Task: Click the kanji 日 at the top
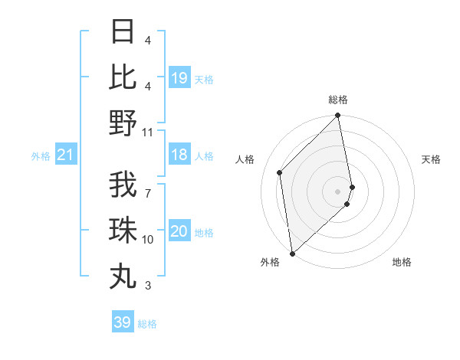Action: (x=123, y=32)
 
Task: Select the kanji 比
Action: (x=123, y=77)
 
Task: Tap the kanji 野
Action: (x=123, y=123)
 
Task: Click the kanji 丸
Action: (x=123, y=276)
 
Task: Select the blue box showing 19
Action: (x=179, y=78)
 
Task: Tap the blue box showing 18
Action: (x=179, y=155)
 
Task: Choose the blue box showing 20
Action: (x=179, y=232)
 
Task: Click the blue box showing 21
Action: (x=66, y=155)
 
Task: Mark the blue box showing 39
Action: (x=123, y=322)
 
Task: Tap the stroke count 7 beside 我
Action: (x=147, y=185)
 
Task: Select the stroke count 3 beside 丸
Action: (x=147, y=286)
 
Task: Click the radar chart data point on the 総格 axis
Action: (x=337, y=116)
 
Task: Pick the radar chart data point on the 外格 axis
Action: (x=292, y=253)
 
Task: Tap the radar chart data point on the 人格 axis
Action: (x=280, y=172)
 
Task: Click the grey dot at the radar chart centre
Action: (x=337, y=191)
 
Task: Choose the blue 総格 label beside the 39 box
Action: (x=147, y=324)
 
